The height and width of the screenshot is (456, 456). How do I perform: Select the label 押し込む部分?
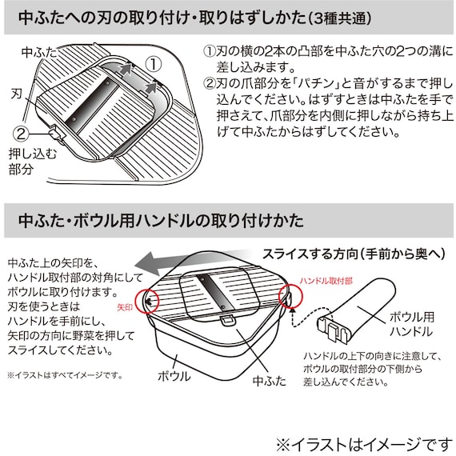27,162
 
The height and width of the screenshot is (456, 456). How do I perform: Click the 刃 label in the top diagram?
15,92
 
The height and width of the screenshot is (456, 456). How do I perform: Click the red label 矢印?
126,306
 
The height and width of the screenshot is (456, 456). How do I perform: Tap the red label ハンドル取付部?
323,282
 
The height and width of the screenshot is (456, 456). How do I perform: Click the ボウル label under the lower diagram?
174,376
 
